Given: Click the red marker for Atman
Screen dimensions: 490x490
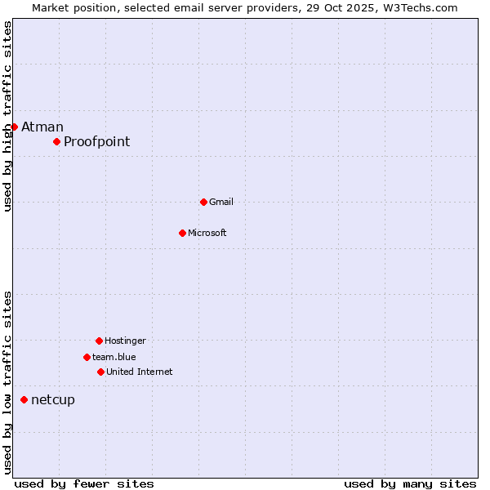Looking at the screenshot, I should click(x=14, y=127).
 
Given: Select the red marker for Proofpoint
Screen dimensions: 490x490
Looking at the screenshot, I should click(x=56, y=141).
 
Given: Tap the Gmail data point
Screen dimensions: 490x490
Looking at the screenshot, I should click(x=203, y=202).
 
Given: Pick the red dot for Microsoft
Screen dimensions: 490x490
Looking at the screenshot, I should click(x=182, y=233).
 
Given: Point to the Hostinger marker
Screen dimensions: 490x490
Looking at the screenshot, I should click(x=99, y=341).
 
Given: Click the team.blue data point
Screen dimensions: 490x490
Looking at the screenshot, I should click(x=87, y=357).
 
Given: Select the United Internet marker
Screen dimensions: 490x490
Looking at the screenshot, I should click(x=100, y=372).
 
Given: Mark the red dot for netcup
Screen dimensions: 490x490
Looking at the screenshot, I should click(x=24, y=399).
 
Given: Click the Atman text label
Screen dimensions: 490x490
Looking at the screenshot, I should click(x=42, y=127).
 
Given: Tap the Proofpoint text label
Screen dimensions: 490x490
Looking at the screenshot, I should click(x=96, y=141).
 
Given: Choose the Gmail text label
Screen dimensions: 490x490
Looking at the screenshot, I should click(x=221, y=202).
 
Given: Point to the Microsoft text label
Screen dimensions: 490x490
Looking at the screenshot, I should click(x=207, y=233).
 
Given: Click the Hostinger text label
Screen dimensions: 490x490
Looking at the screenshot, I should click(x=125, y=341).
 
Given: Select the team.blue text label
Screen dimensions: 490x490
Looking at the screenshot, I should click(x=114, y=357).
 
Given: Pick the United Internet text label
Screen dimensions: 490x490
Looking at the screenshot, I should click(x=140, y=372).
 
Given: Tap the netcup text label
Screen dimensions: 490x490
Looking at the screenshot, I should click(x=53, y=399).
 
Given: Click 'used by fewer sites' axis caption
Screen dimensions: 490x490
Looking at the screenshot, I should click(x=84, y=483).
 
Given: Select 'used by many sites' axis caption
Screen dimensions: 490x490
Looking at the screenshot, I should click(x=410, y=483).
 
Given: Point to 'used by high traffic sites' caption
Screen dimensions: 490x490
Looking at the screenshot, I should click(x=7, y=116).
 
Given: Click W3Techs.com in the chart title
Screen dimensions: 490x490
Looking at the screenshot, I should click(x=417, y=7).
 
